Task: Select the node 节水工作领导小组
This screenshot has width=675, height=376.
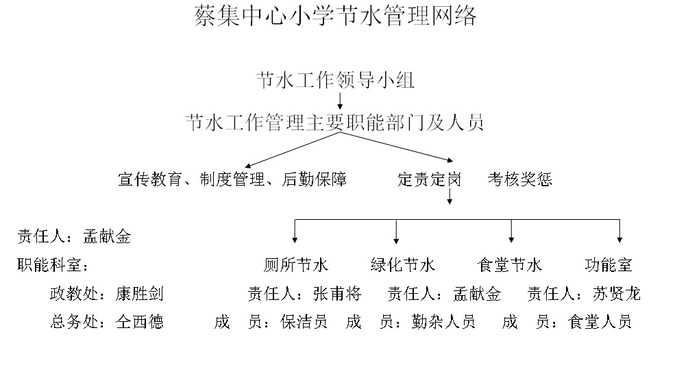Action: point(335,81)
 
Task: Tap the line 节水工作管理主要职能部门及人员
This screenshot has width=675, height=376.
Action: point(335,123)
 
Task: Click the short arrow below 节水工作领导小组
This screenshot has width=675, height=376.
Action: point(341,101)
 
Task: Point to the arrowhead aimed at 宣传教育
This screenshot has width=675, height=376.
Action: point(248,166)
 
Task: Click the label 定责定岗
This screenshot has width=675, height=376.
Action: point(430,179)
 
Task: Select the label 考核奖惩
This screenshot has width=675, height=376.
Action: point(520,179)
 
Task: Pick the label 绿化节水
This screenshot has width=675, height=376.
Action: point(403,265)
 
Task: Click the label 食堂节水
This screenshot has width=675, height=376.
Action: point(511,265)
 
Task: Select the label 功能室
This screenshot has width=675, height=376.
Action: point(609,265)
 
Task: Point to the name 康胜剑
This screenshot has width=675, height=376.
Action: point(140,294)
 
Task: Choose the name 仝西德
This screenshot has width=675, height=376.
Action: point(140,322)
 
